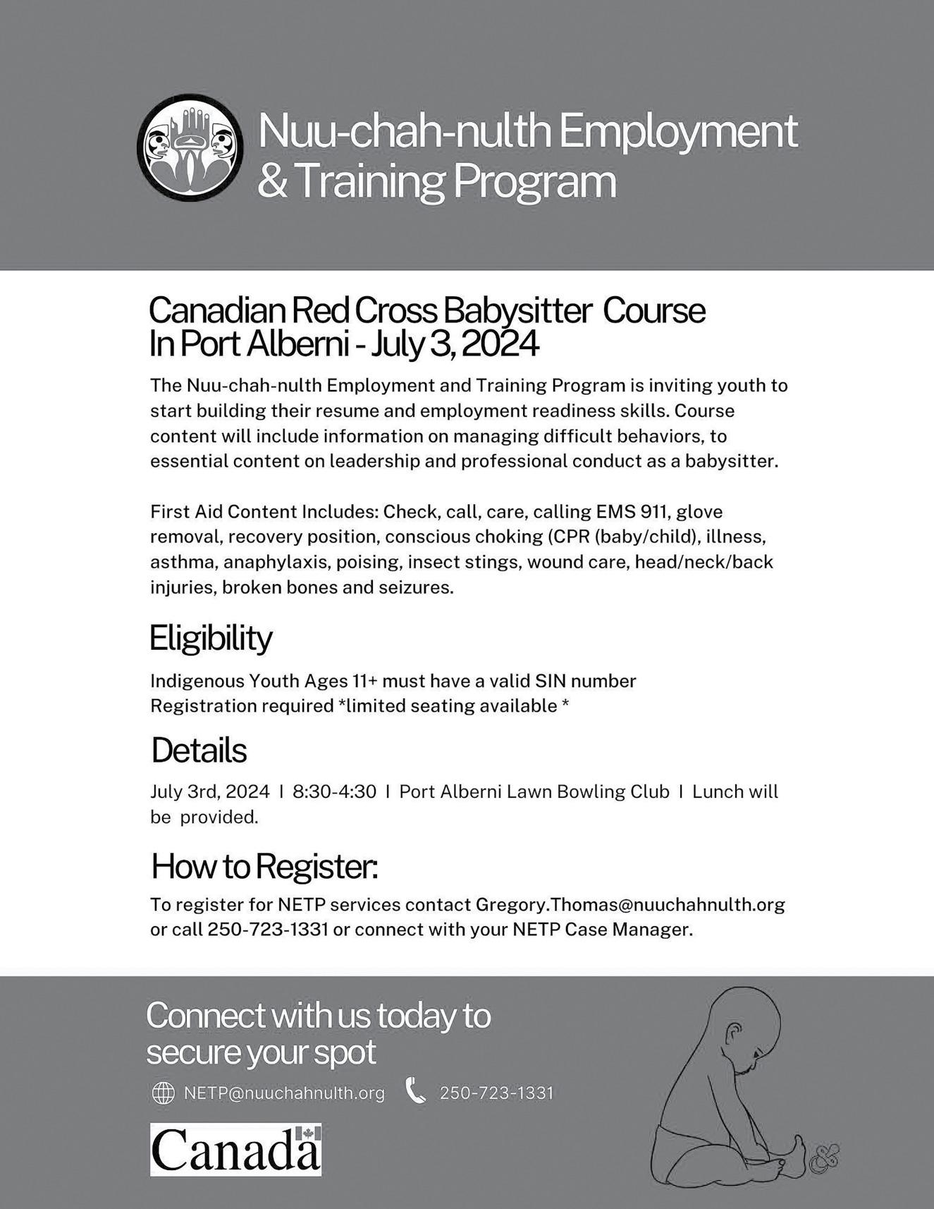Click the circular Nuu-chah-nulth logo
coord(190,148)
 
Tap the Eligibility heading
coord(211,638)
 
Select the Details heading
coord(199,751)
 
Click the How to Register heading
coord(264,866)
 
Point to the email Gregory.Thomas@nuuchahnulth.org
coord(630,904)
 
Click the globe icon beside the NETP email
coord(163,1093)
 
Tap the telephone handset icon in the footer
coord(416,1091)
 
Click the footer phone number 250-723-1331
coord(496,1093)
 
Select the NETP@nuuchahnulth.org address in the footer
coord(284,1093)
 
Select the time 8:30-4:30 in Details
coord(334,791)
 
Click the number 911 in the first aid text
coord(655,511)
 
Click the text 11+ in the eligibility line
coord(365,681)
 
